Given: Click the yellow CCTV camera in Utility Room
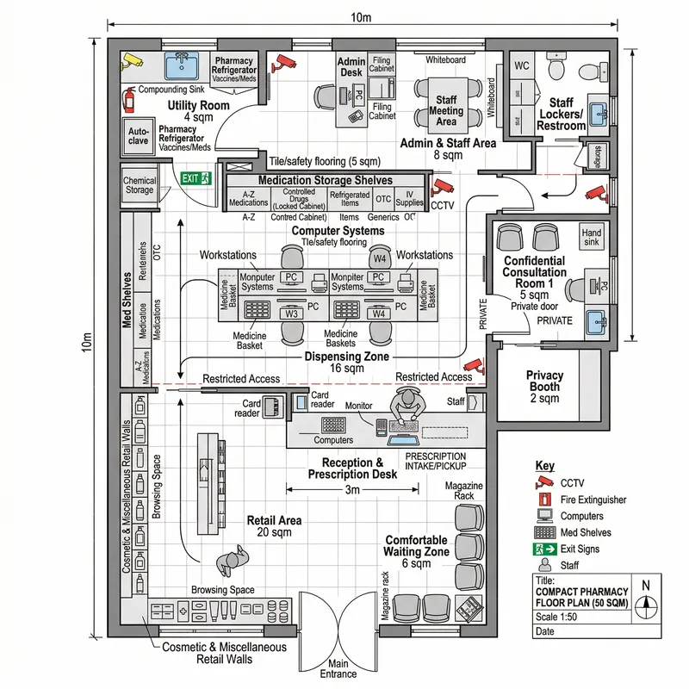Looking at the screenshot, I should [x=132, y=60].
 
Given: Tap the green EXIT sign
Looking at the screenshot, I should [x=191, y=178].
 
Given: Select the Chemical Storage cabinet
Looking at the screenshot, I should [x=140, y=185].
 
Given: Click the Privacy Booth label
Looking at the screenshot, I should [x=544, y=387].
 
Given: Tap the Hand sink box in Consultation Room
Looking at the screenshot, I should [x=591, y=237].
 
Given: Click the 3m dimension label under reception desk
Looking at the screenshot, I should [x=352, y=489].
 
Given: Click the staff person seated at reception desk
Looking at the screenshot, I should [x=405, y=405].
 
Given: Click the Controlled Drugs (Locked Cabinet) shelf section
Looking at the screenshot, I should [x=299, y=200].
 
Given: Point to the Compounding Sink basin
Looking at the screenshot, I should [x=182, y=65].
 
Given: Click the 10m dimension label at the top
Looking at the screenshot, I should [x=361, y=18].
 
